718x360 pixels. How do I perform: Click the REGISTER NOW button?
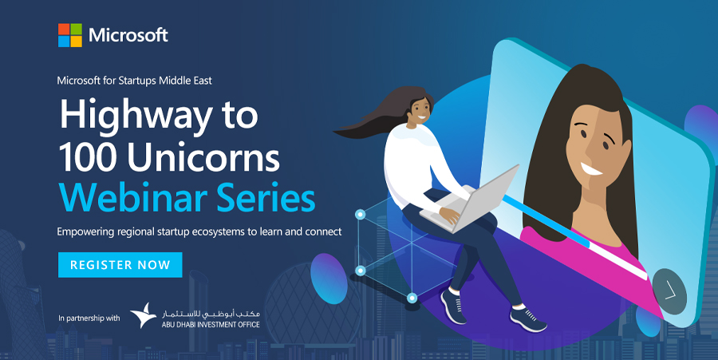pyautogui.click(x=120, y=265)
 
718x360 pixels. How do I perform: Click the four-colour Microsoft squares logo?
pyautogui.click(x=70, y=35)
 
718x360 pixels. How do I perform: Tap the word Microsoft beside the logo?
pyautogui.click(x=128, y=35)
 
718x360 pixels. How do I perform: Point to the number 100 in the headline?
pyautogui.click(x=89, y=157)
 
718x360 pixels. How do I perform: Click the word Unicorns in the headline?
pyautogui.click(x=203, y=157)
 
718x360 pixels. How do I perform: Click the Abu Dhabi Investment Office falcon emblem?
pyautogui.click(x=144, y=315)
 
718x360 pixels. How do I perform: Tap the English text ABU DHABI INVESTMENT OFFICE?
pyautogui.click(x=211, y=325)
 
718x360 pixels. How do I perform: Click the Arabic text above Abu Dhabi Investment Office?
pyautogui.click(x=211, y=314)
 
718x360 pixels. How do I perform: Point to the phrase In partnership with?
pyautogui.click(x=89, y=318)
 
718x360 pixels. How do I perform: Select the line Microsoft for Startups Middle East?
pyautogui.click(x=134, y=81)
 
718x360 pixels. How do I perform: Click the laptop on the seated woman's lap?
pyautogui.click(x=471, y=201)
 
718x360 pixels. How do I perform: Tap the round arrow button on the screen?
pyautogui.click(x=669, y=291)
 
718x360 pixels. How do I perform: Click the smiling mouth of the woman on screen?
pyautogui.click(x=591, y=169)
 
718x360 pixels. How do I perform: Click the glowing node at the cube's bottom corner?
pyautogui.click(x=412, y=299)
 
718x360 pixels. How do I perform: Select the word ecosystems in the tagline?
pyautogui.click(x=219, y=231)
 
